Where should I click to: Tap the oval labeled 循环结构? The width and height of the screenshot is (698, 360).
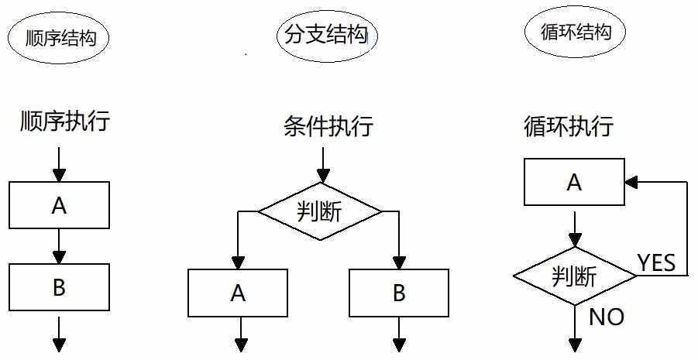point(572,33)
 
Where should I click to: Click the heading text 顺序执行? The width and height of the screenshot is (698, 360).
point(65,122)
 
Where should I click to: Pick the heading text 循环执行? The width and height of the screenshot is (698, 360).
point(569,125)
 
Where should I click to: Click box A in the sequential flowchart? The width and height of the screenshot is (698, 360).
point(59,206)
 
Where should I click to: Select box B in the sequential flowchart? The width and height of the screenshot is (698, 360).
point(59,288)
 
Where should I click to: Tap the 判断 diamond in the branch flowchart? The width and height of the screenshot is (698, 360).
point(320,210)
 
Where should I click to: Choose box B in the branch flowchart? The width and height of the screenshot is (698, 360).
point(399,293)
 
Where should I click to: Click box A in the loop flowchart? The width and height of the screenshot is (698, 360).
point(574,183)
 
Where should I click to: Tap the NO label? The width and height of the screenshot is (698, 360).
point(607,317)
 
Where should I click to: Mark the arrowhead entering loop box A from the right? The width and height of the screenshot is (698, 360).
point(631,183)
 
